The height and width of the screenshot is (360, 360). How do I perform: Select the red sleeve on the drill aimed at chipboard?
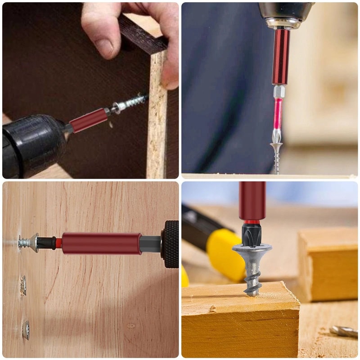click(x=89, y=121)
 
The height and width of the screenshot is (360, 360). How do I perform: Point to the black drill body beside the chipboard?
click(x=31, y=144)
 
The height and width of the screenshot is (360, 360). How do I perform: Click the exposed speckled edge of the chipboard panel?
click(x=156, y=135)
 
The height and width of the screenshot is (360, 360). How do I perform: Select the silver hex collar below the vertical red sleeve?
click(x=279, y=91)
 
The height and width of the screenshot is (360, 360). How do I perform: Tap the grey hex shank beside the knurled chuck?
click(x=151, y=244)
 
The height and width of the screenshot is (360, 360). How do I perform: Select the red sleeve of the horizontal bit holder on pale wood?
click(x=101, y=243)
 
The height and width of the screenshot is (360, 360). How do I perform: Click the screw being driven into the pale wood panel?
click(x=27, y=243)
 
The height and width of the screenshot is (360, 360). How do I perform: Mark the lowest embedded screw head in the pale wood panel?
click(x=26, y=330)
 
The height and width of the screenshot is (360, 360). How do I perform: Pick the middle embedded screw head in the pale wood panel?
click(x=23, y=286)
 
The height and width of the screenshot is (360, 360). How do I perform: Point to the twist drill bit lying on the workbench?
click(x=344, y=332)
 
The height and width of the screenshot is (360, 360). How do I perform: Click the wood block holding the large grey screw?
click(x=238, y=324)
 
